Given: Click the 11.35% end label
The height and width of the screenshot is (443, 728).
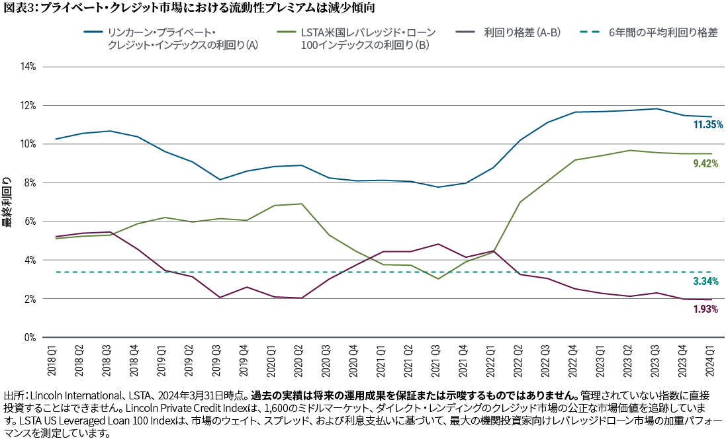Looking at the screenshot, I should point(707,124).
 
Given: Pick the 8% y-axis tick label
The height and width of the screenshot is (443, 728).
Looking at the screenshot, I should point(29,182).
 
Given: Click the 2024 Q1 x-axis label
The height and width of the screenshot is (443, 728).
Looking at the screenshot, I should point(711,358).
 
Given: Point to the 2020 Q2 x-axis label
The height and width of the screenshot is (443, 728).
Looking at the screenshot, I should point(300,358).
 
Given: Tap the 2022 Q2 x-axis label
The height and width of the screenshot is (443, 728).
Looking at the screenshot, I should point(520,358).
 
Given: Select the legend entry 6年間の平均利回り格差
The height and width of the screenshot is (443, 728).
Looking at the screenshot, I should point(663,32).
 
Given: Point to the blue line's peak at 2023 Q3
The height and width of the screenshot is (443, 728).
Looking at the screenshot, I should point(655,108).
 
